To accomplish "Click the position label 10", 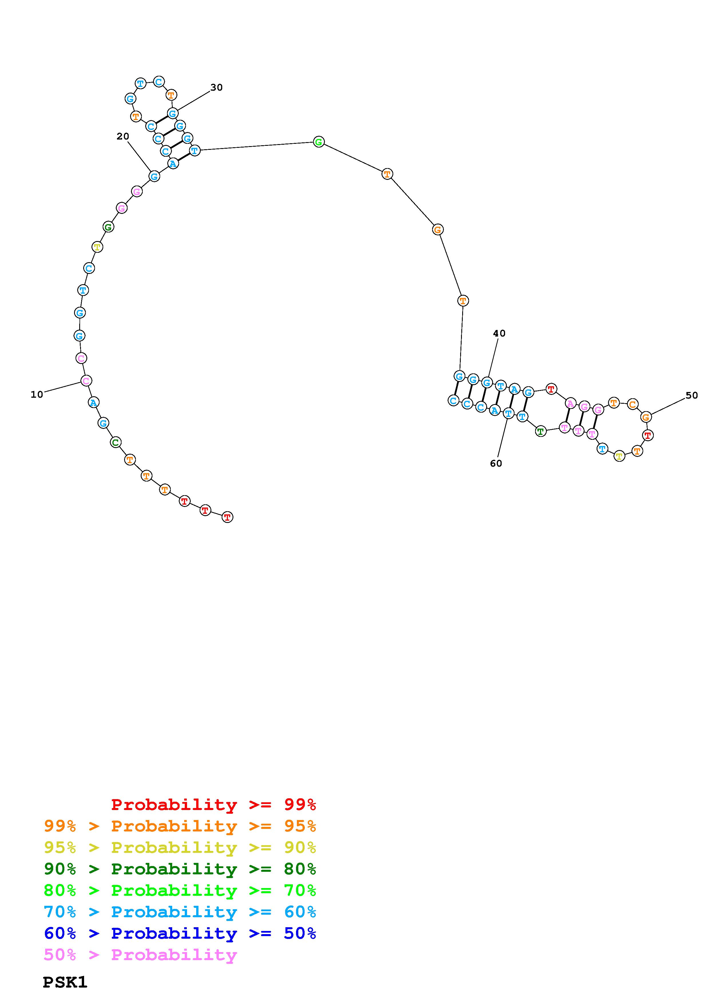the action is pos(37,395).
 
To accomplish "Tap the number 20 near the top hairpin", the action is pos(123,136).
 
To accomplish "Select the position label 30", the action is pos(216,87).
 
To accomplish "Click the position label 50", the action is pos(692,395).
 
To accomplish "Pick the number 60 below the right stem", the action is pos(496,463).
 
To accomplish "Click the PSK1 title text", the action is pos(65,982).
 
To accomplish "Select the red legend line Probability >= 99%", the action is pos(214,805).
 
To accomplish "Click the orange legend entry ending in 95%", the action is pos(180,826).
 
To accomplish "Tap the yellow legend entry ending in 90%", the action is pos(180,847).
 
